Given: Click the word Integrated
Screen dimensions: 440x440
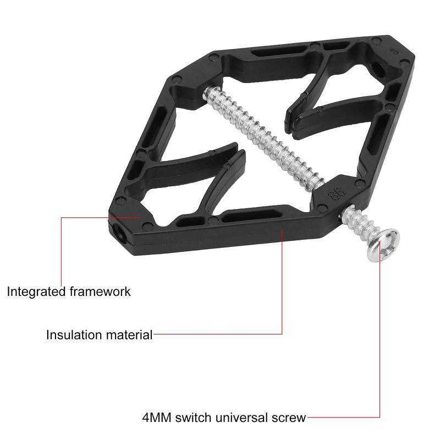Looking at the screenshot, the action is point(34,291).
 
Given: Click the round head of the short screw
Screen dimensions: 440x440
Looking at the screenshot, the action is point(383,244).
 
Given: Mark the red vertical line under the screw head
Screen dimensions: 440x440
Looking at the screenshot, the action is point(380,341).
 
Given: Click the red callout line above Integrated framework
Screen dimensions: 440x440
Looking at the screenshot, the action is point(61,248).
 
